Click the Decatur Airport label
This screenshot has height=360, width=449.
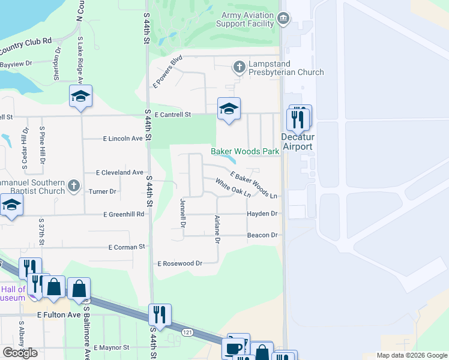tap(298, 142)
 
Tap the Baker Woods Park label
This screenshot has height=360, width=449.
tap(245, 152)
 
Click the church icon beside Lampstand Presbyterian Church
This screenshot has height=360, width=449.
tap(240, 67)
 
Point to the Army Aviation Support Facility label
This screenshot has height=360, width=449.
tap(248, 19)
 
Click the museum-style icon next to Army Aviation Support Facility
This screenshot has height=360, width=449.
tap(284, 19)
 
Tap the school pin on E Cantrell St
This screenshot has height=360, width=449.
tap(228, 109)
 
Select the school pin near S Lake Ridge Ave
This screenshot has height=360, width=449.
tap(80, 97)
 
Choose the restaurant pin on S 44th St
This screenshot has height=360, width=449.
tap(159, 314)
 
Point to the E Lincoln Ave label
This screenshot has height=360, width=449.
tap(122, 139)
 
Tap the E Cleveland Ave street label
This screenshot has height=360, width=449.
tap(119, 172)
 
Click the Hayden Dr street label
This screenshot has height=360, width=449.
tap(262, 214)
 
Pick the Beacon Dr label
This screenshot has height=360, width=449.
tap(262, 235)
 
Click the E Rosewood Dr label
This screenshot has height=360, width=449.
tap(179, 263)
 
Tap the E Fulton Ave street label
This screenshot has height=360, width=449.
tap(58, 314)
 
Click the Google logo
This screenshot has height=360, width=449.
tap(20, 353)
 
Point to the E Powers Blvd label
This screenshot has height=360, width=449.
tap(167, 71)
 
